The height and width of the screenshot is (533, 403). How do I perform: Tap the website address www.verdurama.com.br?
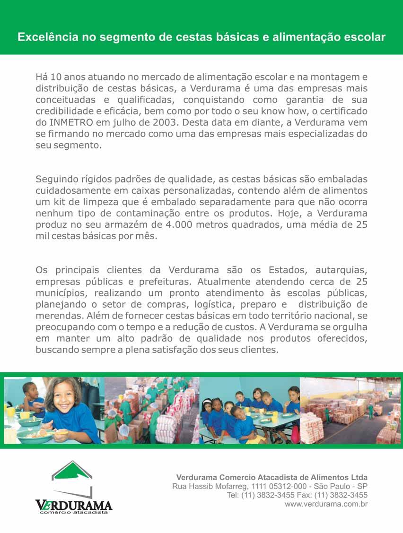tap(326, 504)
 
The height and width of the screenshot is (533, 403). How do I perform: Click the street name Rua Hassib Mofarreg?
tap(204, 486)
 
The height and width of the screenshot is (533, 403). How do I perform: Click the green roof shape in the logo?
tap(72, 471)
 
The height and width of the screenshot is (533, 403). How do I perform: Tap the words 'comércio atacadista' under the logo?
tap(73, 512)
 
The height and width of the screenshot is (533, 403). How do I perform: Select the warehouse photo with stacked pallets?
tap(350, 410)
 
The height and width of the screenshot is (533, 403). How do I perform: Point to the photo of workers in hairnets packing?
tap(151, 410)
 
